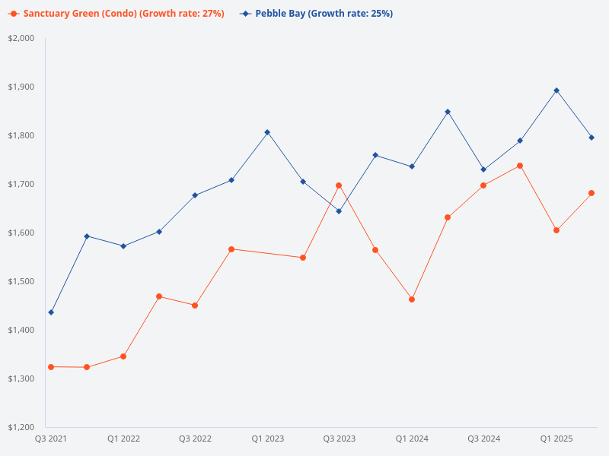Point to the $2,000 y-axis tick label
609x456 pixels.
coord(21,38)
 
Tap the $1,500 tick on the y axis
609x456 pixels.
coord(21,281)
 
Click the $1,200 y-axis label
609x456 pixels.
coord(21,427)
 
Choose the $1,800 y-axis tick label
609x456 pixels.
coord(21,135)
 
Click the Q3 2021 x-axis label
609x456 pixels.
coord(51,439)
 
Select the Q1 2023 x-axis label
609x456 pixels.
coord(267,439)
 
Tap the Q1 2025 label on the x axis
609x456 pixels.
coord(556,439)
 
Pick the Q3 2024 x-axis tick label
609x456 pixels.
coord(483,439)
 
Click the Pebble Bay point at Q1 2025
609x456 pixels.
coord(556,90)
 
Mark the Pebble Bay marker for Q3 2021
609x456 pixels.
coord(51,312)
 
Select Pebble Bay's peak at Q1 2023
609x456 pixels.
coord(267,132)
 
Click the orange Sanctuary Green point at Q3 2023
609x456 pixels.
coord(339,185)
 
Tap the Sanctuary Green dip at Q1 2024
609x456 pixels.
coord(412,299)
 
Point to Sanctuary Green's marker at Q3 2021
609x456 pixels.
coord(51,367)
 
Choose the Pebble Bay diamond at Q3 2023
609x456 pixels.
coord(339,211)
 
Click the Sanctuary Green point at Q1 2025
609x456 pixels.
coord(556,230)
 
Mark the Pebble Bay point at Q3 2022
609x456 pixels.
coord(195,195)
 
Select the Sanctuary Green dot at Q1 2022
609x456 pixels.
coord(123,356)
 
